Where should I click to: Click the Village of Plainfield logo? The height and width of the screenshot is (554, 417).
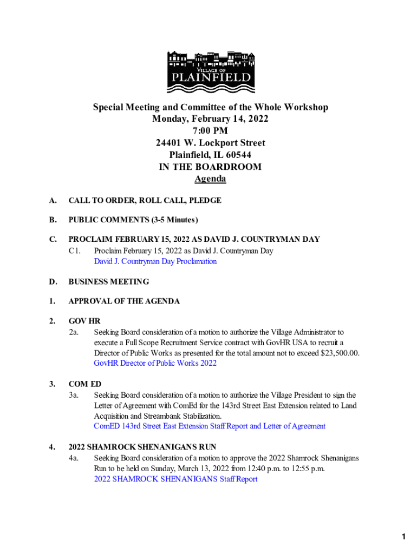pos(210,72)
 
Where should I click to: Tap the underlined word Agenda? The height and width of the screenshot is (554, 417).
pos(210,179)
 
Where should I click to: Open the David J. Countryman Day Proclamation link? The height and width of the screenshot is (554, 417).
pos(155,261)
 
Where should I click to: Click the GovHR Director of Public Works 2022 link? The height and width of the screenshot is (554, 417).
pos(155,363)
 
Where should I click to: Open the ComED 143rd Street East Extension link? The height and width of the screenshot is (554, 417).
pos(210,426)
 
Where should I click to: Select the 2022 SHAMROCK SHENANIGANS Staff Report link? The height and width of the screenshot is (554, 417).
pos(175,479)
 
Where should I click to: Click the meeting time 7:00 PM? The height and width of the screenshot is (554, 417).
pos(210,131)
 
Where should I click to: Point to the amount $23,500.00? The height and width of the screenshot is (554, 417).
pos(332,353)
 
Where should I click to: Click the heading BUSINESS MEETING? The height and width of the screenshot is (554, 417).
pos(109,281)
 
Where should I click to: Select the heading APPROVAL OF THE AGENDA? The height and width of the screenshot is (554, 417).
pos(124,301)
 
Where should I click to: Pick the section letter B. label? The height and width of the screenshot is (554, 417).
pos(53,220)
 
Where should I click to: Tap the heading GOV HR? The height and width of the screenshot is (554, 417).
pos(84,321)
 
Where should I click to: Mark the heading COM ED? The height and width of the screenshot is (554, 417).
pos(85,384)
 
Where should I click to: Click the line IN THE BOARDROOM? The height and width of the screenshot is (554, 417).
pos(210,167)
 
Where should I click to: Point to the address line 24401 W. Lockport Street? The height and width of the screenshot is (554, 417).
pos(210,143)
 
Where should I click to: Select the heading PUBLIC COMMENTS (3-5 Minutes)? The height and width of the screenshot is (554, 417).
pos(133,220)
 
